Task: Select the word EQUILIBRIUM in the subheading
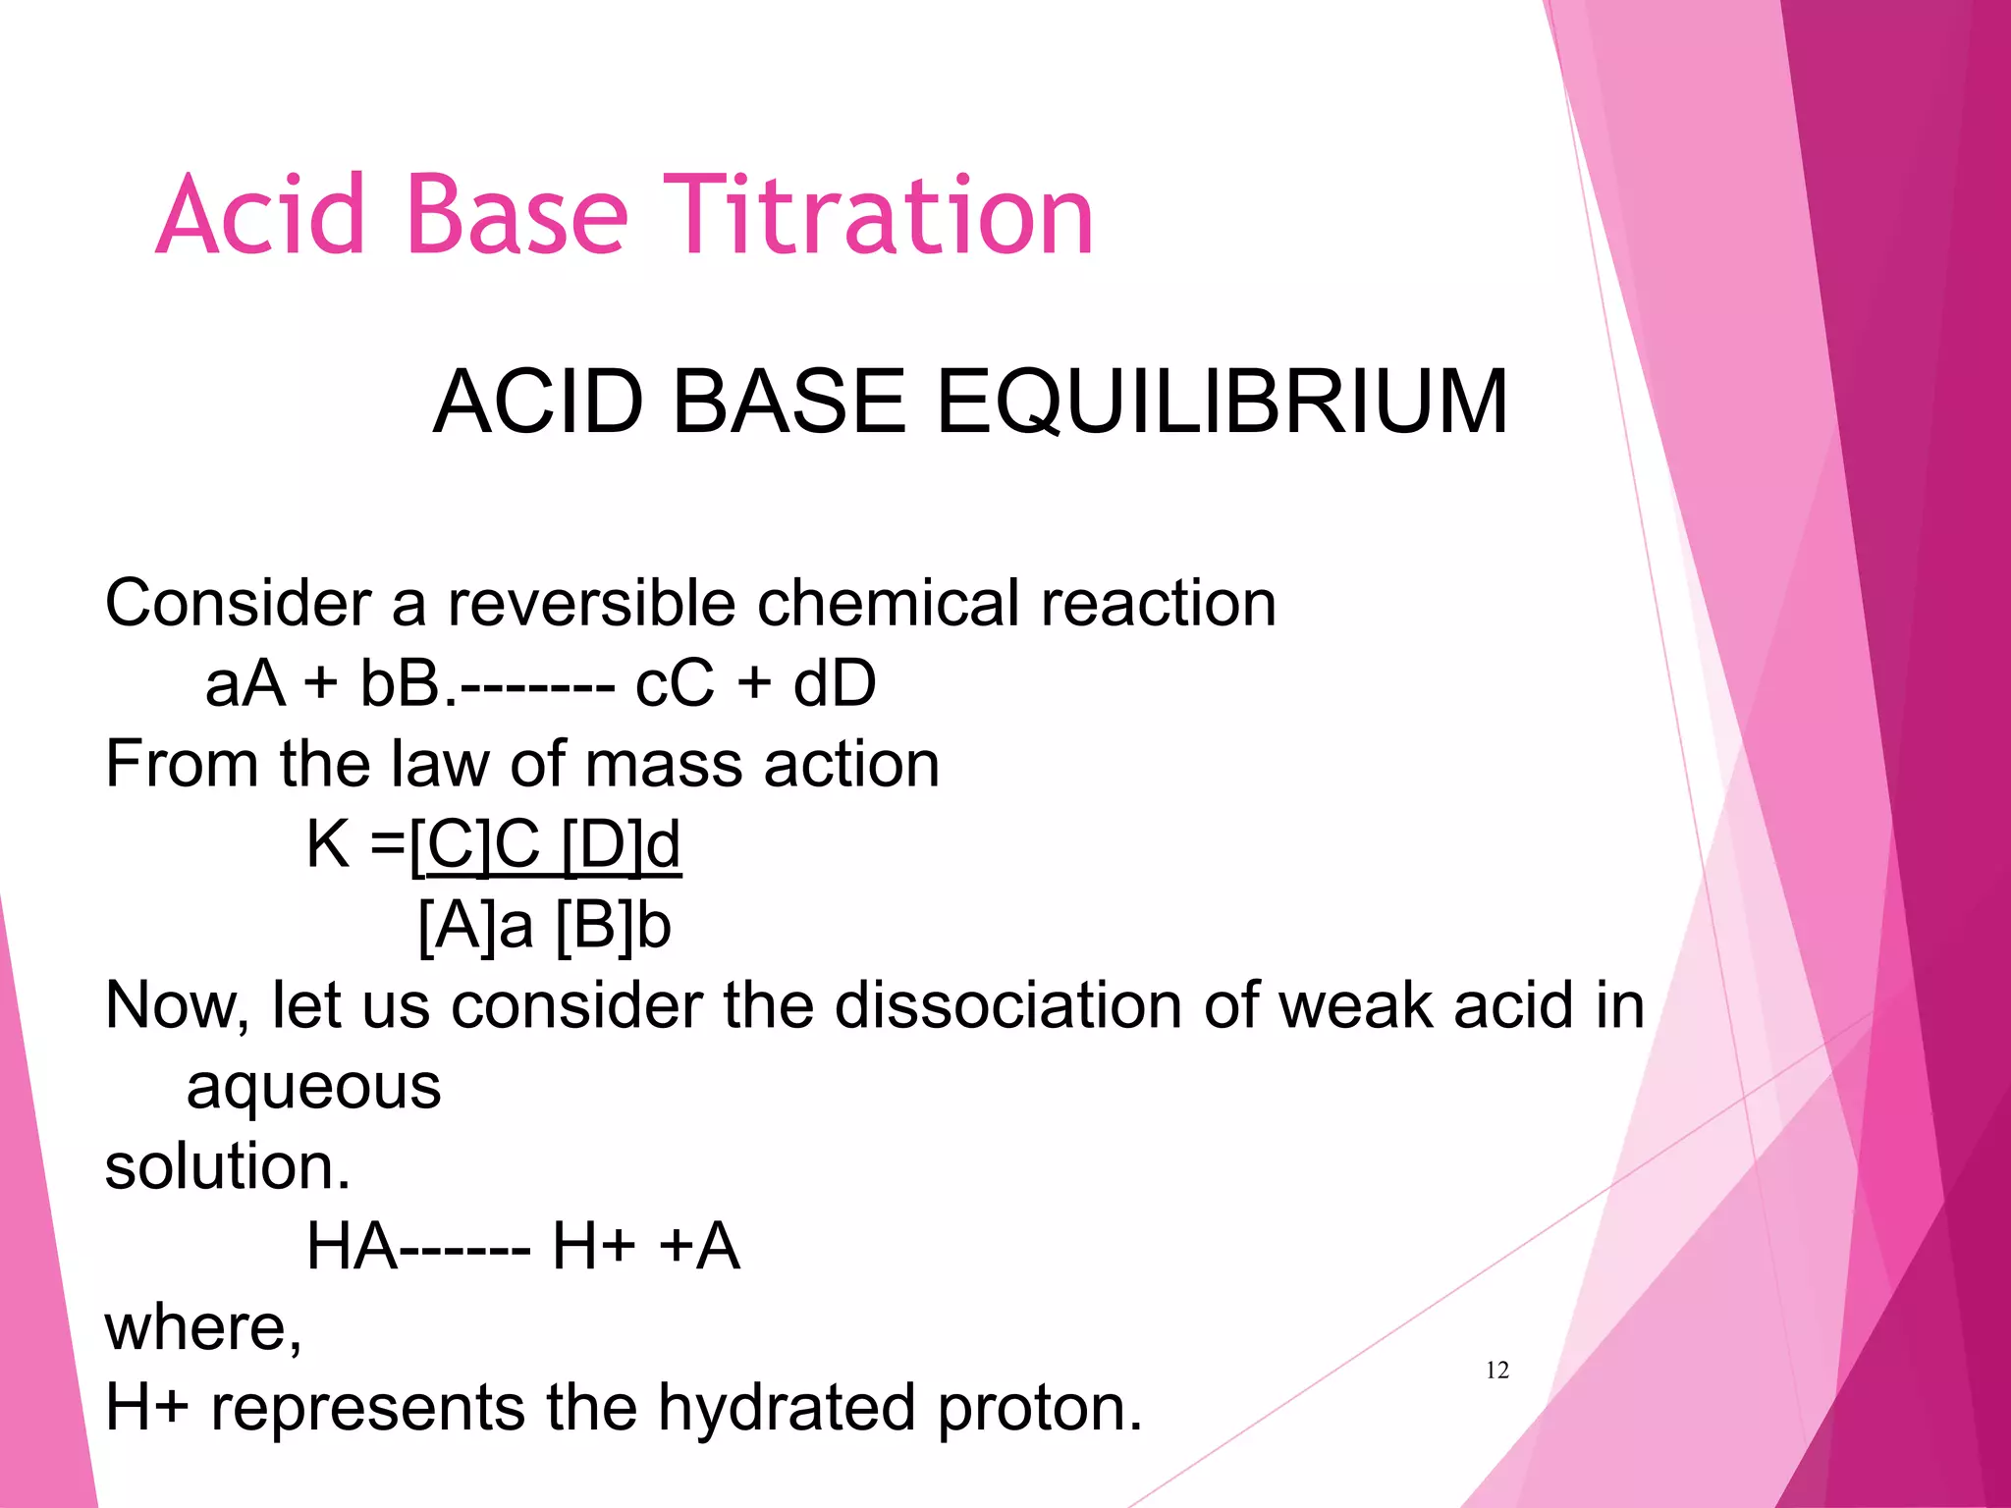(1222, 402)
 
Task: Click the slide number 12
(1496, 1371)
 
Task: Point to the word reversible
(590, 603)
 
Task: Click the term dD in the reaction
(834, 683)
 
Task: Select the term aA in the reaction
(245, 683)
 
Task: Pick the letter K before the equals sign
(328, 843)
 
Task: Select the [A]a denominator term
(475, 925)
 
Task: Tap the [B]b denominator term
(613, 925)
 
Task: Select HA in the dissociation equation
(352, 1247)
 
